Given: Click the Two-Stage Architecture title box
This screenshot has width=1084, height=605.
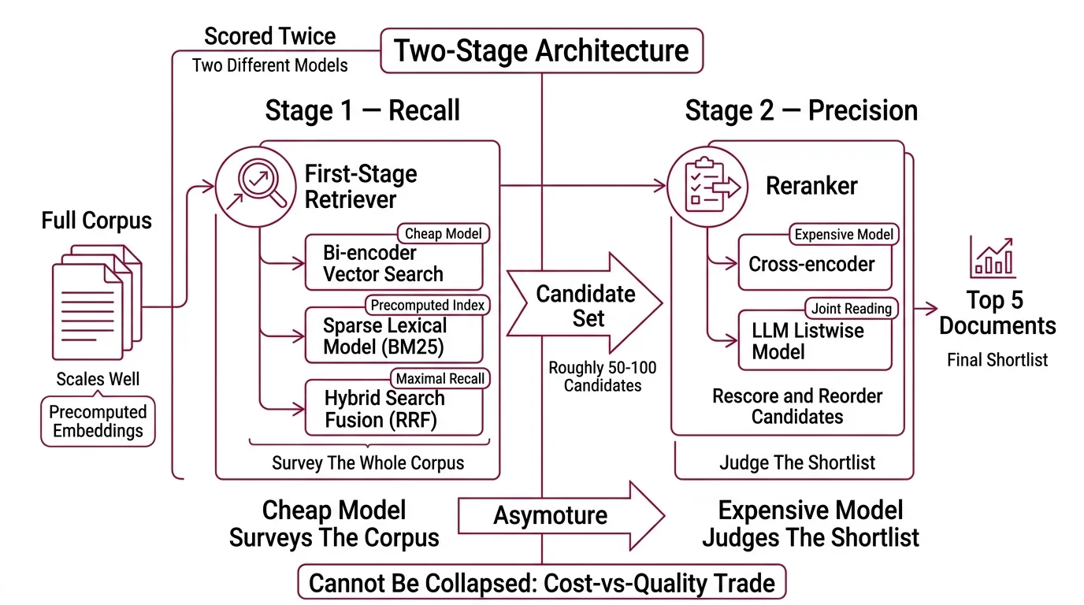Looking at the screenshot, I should pos(541,51).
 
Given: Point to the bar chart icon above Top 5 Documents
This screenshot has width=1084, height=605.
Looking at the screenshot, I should pos(992,255).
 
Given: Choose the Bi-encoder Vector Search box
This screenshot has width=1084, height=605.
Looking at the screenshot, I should pos(393,264).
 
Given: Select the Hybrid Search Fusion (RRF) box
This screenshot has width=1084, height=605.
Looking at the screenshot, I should pos(393,410).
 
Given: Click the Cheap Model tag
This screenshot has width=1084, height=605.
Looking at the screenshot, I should pos(444,234).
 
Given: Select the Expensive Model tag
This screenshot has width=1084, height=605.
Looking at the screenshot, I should pos(844,235).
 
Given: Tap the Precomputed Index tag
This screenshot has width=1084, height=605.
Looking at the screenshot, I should pos(428,305).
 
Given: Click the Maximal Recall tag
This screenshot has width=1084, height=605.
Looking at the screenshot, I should pos(441,379).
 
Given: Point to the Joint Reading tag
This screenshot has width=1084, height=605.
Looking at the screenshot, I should pos(850,309).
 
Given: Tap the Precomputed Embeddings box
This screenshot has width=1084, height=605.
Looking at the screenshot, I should pos(98,421).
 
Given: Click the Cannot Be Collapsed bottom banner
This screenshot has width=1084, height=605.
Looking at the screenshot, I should pos(542,584).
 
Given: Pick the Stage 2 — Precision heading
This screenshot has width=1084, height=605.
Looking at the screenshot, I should pos(801,111).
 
